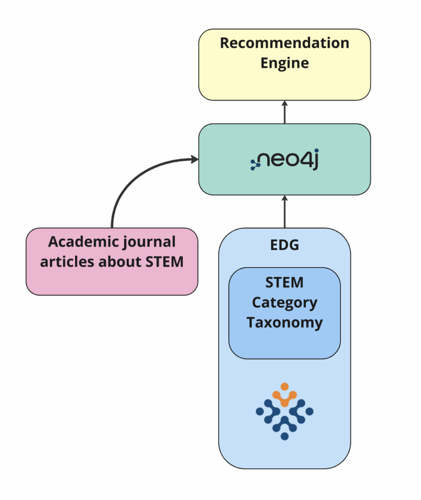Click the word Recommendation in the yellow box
[x=284, y=43]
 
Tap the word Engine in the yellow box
[x=284, y=63]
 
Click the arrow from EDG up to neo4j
[x=284, y=211]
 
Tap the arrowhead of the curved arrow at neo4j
[x=194, y=159]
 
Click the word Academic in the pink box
[x=78, y=242]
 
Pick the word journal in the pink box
[x=144, y=243]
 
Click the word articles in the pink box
[x=67, y=262]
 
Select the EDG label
[x=284, y=245]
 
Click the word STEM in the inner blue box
[x=284, y=282]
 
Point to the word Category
[x=284, y=303]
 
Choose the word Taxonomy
[x=284, y=323]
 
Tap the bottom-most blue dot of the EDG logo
[x=284, y=436]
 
